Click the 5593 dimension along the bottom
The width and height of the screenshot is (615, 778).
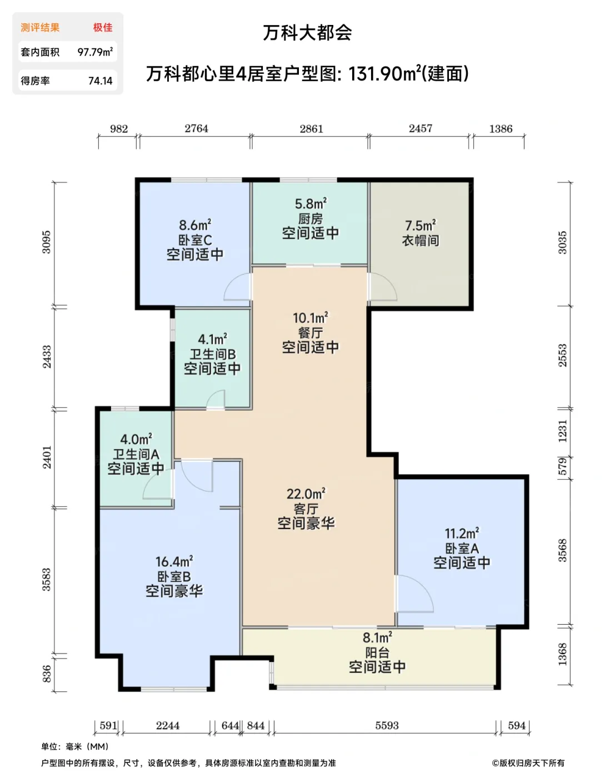click(x=387, y=725)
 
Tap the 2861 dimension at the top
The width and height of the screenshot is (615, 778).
click(x=311, y=129)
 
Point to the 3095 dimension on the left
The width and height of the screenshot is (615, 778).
click(x=47, y=242)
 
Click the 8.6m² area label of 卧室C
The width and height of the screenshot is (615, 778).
click(x=195, y=225)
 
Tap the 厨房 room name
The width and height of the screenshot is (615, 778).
click(x=311, y=219)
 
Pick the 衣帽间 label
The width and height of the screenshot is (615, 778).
click(x=421, y=241)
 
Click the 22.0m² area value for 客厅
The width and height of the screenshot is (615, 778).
click(x=306, y=493)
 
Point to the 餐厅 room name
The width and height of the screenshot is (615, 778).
click(x=311, y=333)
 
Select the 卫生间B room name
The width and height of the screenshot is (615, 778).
click(x=213, y=354)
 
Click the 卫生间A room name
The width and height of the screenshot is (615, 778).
click(x=136, y=454)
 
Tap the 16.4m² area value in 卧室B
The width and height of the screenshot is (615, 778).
click(x=174, y=561)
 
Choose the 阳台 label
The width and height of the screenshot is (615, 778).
click(x=377, y=652)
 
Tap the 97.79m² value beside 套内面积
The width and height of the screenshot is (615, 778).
click(x=95, y=52)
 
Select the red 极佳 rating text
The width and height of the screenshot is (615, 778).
click(x=103, y=27)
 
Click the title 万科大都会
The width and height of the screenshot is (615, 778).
click(x=307, y=33)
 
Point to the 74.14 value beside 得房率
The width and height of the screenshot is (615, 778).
click(x=101, y=81)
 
